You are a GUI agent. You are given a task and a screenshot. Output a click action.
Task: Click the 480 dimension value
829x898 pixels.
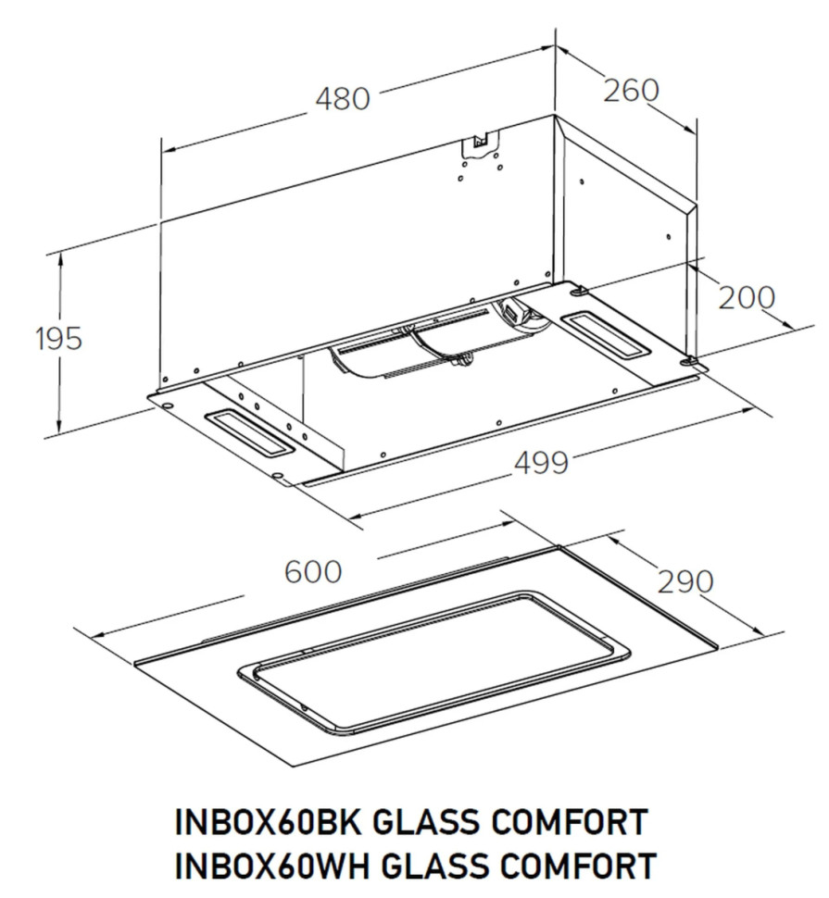343,99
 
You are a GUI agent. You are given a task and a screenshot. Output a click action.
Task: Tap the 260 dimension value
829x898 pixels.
631,91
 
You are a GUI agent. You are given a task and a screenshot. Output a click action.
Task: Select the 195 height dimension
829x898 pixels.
59,339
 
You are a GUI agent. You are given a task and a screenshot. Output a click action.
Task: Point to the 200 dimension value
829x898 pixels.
747,298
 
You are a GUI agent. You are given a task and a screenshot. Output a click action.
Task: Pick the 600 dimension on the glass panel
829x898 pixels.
313,573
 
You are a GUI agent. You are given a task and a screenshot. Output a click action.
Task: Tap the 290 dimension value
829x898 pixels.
685,581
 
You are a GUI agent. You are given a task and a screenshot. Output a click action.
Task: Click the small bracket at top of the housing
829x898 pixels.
480,141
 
